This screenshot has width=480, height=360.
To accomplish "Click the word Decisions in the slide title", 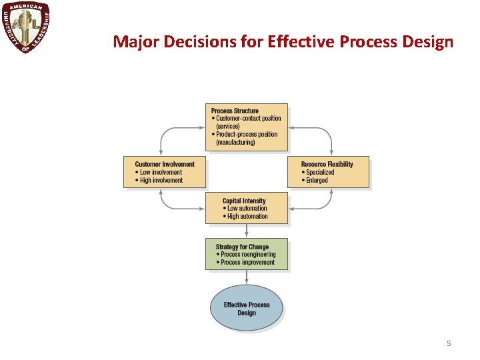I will (x=189, y=42).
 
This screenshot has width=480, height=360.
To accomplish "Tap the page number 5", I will (x=449, y=343).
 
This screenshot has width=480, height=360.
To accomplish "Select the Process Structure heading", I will (x=235, y=111).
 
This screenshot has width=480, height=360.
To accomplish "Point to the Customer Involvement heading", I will (x=165, y=164).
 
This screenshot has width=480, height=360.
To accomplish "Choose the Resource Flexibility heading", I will (x=327, y=164).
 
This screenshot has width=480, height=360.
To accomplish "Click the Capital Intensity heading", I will (x=244, y=201).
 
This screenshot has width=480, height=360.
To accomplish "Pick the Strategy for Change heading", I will (x=242, y=247).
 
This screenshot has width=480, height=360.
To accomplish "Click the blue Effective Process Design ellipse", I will (x=247, y=308).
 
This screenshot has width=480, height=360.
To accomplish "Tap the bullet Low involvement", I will (x=161, y=172).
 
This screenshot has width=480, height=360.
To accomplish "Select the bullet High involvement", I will (x=161, y=180).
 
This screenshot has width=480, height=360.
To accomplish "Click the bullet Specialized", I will (x=320, y=172).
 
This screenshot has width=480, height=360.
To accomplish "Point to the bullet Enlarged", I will (x=317, y=180).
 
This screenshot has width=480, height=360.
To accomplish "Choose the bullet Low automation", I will (x=247, y=209).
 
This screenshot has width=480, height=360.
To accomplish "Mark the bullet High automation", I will (x=247, y=217).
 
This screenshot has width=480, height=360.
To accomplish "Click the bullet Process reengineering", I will (x=247, y=255).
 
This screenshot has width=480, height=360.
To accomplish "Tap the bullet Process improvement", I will (x=247, y=263).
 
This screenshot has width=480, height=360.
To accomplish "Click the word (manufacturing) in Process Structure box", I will (x=235, y=143).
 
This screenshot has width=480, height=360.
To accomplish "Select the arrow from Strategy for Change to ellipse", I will (x=247, y=277).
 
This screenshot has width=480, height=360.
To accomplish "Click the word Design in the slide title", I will (x=428, y=42).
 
